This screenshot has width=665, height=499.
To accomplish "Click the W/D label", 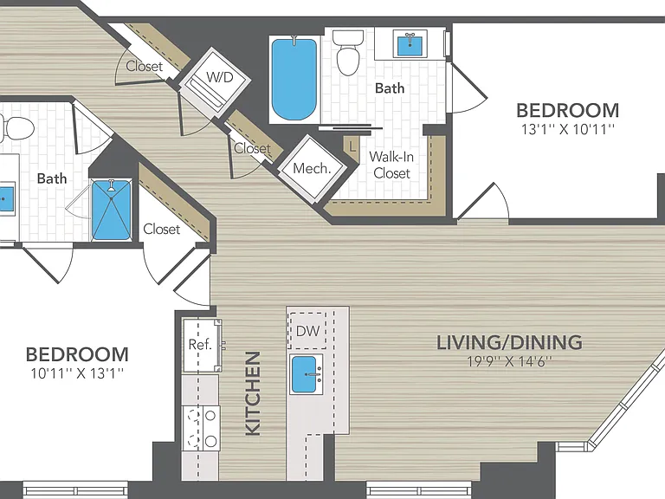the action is pyautogui.click(x=220, y=77).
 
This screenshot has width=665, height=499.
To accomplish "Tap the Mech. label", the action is pyautogui.click(x=312, y=168).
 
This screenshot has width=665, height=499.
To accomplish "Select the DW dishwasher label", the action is pyautogui.click(x=308, y=331).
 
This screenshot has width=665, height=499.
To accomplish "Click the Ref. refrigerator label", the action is pyautogui.click(x=200, y=344).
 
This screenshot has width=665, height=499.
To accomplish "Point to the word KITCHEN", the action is pyautogui.click(x=253, y=393).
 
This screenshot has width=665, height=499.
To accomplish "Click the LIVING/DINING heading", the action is pyautogui.click(x=509, y=342).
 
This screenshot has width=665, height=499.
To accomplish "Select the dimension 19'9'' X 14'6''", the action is pyautogui.click(x=509, y=361).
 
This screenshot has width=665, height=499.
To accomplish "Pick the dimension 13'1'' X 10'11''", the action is pyautogui.click(x=567, y=129).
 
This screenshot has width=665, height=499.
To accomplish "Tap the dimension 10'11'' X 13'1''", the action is pyautogui.click(x=77, y=373).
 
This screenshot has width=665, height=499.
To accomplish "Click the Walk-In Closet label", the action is pyautogui.click(x=391, y=165).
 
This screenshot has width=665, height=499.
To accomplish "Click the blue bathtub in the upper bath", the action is pyautogui.click(x=294, y=80).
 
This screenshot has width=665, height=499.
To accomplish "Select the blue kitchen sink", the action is pyautogui.click(x=304, y=374).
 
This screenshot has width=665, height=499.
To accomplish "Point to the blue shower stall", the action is pyautogui.click(x=111, y=210).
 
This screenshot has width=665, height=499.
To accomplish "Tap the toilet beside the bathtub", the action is pyautogui.click(x=348, y=53).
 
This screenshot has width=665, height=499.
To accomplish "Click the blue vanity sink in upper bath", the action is pyautogui.click(x=410, y=42).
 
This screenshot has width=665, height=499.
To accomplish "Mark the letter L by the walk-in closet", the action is pyautogui.click(x=352, y=146).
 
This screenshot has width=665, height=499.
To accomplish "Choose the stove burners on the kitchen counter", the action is pyautogui.click(x=201, y=428).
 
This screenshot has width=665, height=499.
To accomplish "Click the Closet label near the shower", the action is pyautogui.click(x=162, y=229).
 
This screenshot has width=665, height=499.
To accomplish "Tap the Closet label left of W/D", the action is pyautogui.click(x=145, y=66).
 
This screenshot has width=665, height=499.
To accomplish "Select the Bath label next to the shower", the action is pyautogui.click(x=52, y=178).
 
